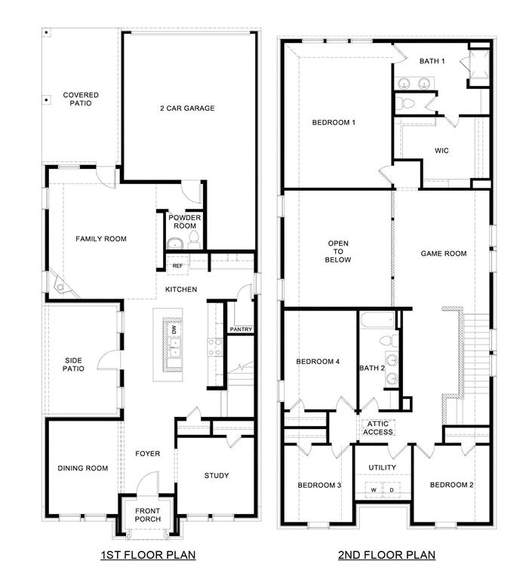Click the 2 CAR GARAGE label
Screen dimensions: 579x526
(187, 108)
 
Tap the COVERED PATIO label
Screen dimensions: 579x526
(81, 99)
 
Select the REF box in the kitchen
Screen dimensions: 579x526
(177, 265)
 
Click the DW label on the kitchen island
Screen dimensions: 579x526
(174, 329)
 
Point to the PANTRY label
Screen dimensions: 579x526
(241, 329)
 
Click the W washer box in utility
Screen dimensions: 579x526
(373, 490)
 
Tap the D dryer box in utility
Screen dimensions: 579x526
(392, 490)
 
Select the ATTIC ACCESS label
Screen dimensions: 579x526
(378, 427)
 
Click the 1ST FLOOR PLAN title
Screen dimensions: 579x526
(148, 556)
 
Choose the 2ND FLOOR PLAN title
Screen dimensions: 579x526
(387, 556)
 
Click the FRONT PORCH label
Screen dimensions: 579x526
(147, 516)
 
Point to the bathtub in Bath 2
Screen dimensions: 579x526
(374, 320)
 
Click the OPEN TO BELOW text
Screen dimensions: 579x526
(337, 251)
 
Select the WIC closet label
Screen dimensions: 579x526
(441, 151)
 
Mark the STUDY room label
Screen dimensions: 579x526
(217, 476)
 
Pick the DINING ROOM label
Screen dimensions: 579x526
(83, 468)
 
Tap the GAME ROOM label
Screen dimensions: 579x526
(443, 253)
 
